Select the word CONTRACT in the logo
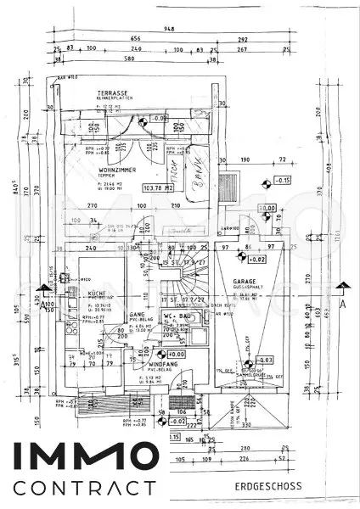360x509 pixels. pyautogui.click(x=85, y=488)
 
